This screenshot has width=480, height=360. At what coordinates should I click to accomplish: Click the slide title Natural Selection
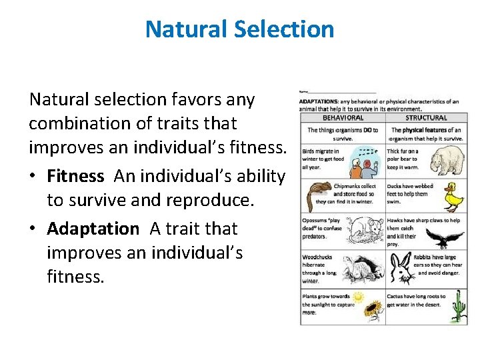[239, 29]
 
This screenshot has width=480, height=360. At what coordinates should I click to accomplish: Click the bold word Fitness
[75, 176]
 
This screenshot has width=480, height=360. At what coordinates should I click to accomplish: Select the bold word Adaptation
[93, 229]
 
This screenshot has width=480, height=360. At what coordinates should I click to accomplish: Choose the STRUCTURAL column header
[426, 118]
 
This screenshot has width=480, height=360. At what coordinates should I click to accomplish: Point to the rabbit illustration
[401, 270]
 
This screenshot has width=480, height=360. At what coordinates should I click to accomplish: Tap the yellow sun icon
[359, 297]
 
